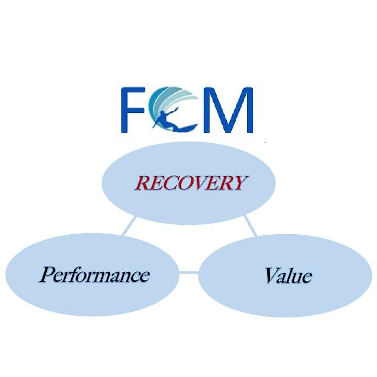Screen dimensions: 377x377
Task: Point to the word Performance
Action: pyautogui.click(x=95, y=275)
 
